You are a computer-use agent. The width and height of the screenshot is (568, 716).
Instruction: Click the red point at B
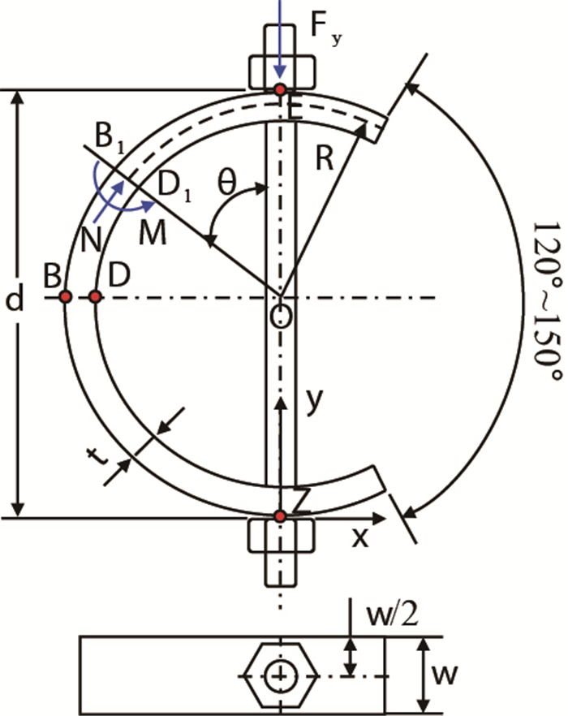click(x=65, y=297)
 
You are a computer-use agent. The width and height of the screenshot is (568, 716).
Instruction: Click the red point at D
click(x=95, y=297)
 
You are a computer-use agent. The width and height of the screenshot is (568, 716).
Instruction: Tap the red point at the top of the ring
click(x=280, y=89)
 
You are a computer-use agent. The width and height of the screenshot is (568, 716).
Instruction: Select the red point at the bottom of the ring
click(x=280, y=516)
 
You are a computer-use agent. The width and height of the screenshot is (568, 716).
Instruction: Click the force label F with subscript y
click(x=325, y=28)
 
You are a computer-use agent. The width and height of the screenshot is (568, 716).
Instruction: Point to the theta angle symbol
click(x=227, y=182)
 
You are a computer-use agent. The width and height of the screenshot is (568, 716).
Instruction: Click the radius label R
click(x=325, y=158)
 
